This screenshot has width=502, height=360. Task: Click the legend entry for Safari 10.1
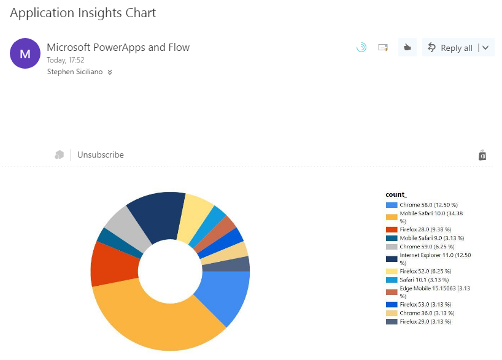point(424,280)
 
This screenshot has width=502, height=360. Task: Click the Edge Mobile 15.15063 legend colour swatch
point(392,292)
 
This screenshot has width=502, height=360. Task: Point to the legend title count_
point(396,194)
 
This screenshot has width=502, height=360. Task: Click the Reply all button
point(450,48)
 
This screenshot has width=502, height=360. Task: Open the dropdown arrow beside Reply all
point(486,48)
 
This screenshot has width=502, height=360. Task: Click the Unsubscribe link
point(101,155)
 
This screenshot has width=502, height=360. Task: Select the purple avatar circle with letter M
point(25,54)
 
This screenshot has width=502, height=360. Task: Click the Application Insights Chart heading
point(83,13)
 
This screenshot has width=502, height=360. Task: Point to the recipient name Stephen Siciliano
point(75,72)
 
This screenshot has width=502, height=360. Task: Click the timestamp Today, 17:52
point(66,60)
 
